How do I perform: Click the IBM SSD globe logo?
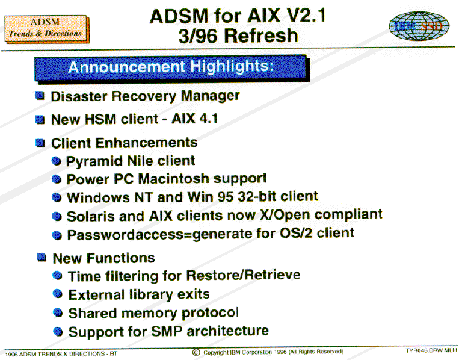click(419, 26)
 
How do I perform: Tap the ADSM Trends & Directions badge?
click(46, 29)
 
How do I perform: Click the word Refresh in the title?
click(261, 36)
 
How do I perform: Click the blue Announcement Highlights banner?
click(172, 68)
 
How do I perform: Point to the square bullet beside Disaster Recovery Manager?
click(40, 96)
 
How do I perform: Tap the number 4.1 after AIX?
click(209, 119)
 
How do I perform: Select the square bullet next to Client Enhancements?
click(40, 143)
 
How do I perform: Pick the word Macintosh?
click(173, 179)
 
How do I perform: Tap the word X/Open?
click(285, 216)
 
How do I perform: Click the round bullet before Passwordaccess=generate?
click(57, 235)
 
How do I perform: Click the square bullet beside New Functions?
click(42, 257)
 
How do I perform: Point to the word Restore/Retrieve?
click(244, 275)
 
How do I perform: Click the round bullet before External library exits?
click(58, 294)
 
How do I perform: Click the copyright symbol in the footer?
click(196, 352)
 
